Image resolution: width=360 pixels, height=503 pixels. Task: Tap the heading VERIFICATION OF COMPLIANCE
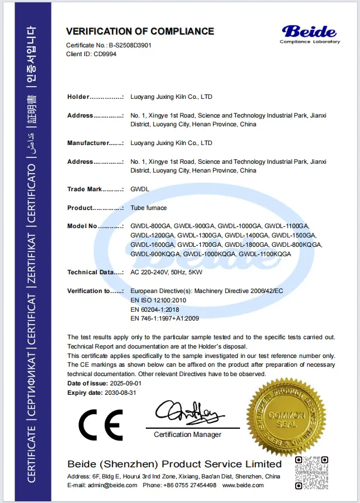[x=140, y=31]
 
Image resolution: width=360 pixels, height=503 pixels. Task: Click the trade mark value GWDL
[x=139, y=190]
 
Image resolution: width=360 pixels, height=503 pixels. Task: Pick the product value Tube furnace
[x=149, y=208]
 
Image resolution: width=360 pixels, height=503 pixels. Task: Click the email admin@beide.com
[x=115, y=485]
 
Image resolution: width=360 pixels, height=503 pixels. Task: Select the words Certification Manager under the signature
[x=187, y=435]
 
